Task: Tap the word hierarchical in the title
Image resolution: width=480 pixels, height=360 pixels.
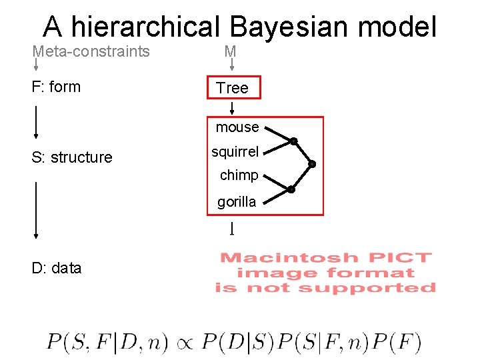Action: (145, 27)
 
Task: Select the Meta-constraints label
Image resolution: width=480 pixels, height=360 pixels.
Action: (91, 51)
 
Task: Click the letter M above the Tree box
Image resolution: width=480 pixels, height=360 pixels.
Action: (230, 51)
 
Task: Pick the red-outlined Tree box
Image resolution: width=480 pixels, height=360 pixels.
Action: (233, 88)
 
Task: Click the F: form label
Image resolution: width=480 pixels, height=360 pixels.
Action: (56, 87)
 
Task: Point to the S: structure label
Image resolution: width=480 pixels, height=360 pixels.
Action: (72, 157)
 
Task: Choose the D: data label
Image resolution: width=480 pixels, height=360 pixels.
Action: (57, 268)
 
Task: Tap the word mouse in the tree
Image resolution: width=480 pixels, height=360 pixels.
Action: (237, 127)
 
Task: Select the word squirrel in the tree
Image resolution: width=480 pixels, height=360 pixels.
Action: (235, 151)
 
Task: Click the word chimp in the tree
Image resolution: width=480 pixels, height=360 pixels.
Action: (239, 175)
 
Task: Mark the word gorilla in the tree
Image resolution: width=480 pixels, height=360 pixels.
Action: (237, 201)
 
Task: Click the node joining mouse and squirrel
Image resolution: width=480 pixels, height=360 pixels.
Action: (293, 141)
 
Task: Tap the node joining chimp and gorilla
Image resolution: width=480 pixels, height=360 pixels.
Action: (291, 189)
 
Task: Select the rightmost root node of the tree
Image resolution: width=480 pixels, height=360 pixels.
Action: (311, 164)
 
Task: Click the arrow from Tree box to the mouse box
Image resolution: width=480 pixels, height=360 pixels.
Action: (231, 107)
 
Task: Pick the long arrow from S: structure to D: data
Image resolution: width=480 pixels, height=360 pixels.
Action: (35, 209)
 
